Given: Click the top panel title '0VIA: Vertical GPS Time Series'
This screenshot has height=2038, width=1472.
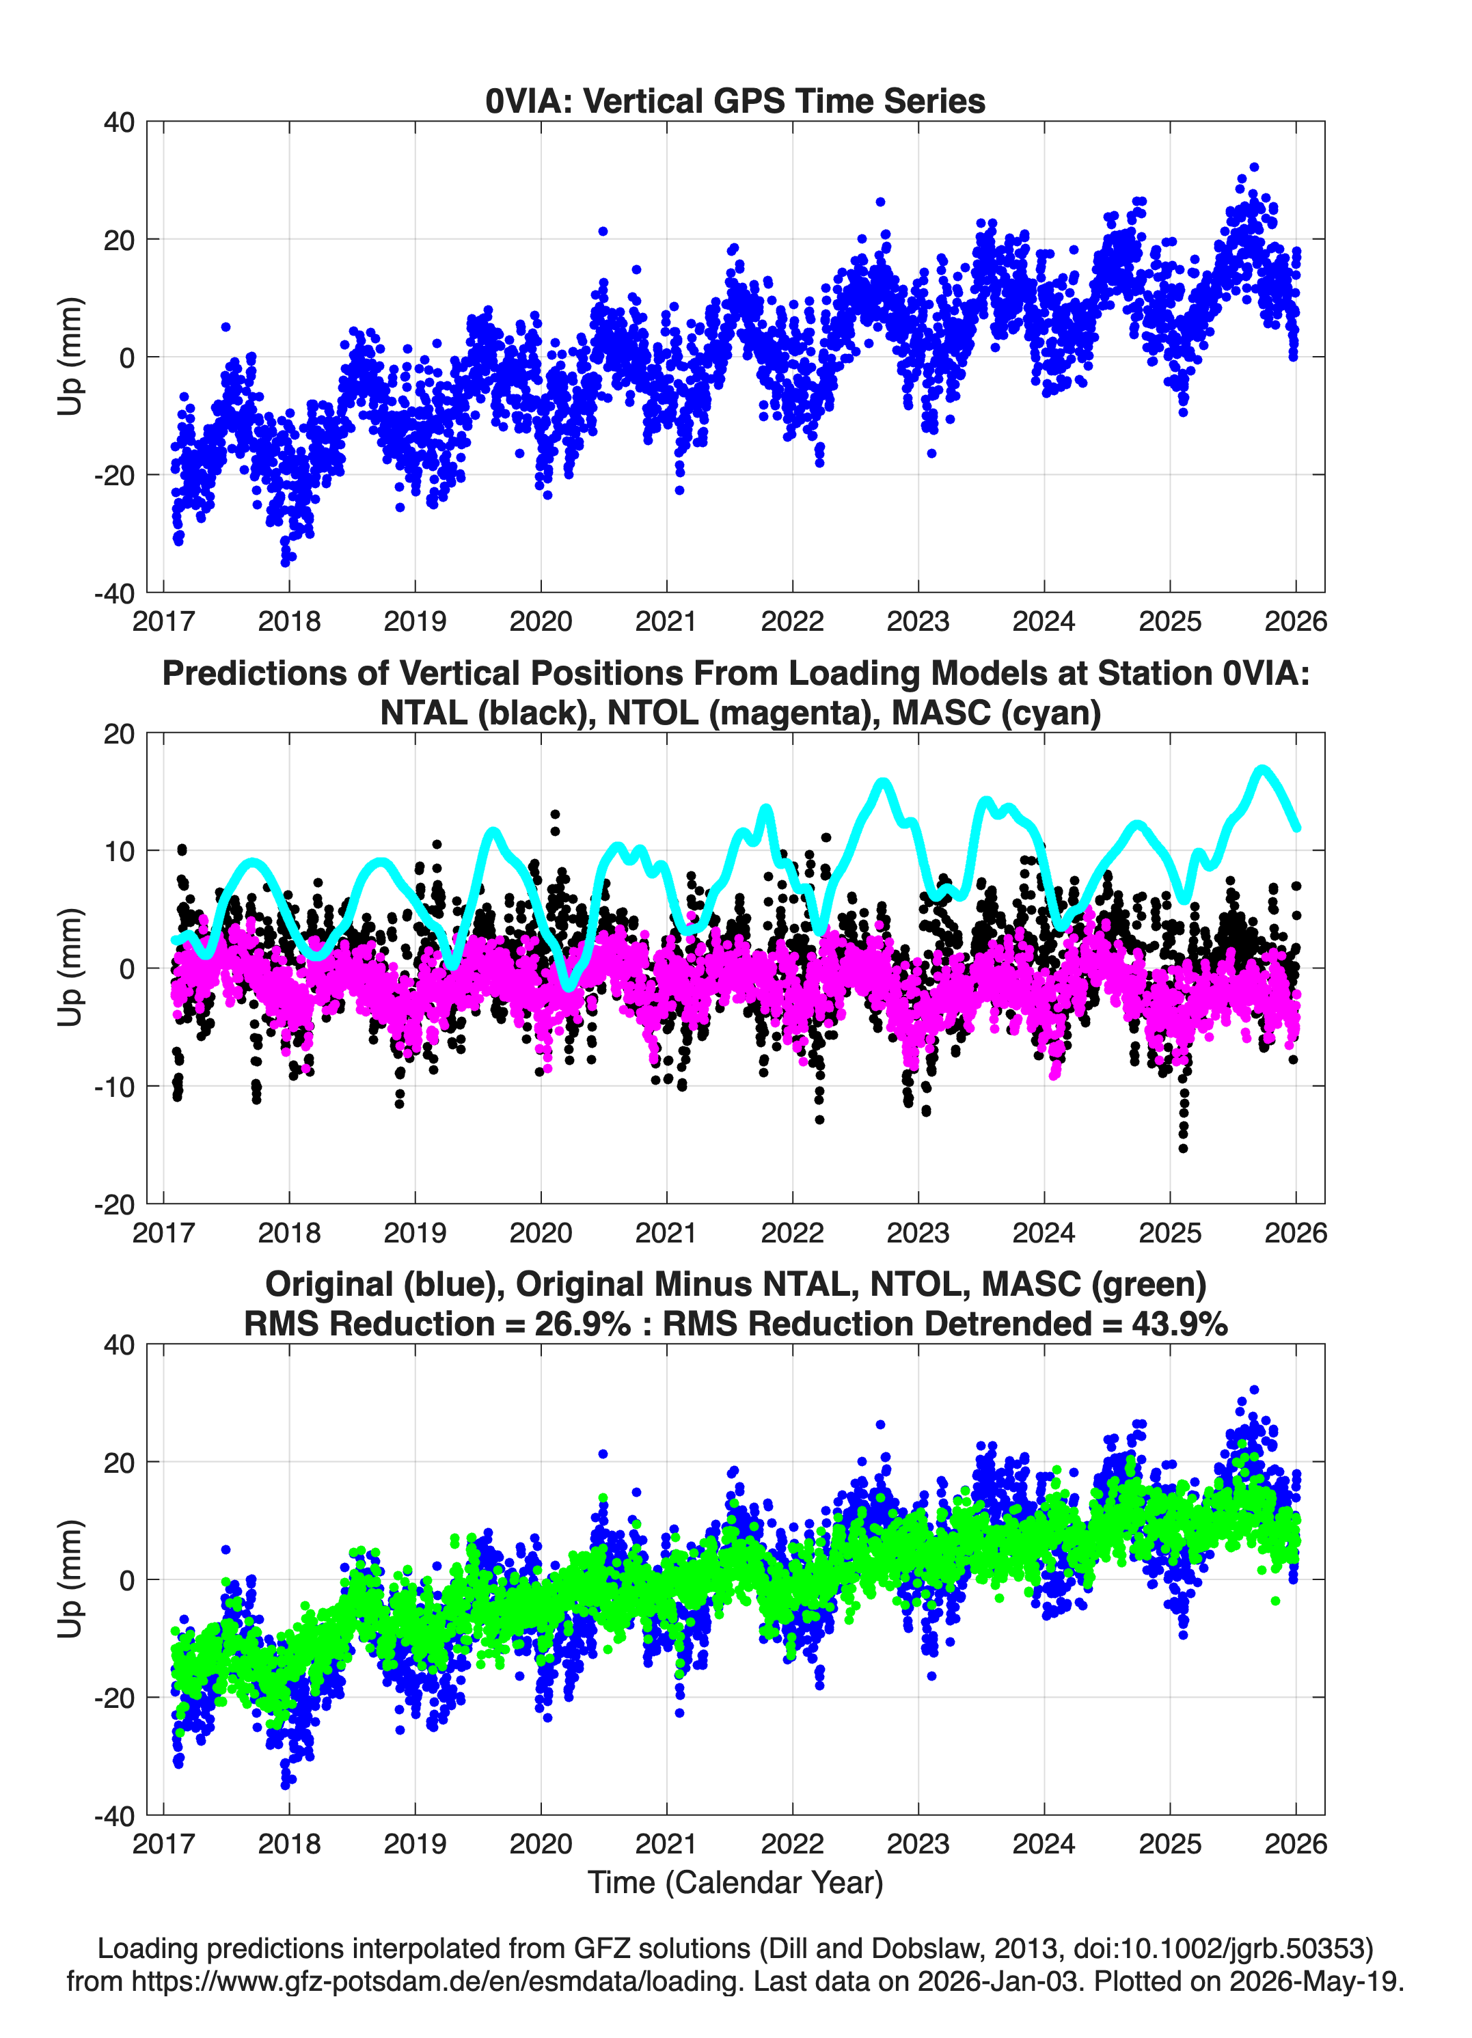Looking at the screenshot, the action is tap(735, 100).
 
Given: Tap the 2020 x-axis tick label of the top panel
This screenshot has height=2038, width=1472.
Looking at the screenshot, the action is tap(540, 621).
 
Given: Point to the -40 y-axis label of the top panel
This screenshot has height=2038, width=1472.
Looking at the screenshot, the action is tap(114, 593).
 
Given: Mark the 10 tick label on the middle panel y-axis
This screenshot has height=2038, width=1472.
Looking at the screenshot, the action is tap(120, 850).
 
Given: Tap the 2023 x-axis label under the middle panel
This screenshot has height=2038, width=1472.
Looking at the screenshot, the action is tap(918, 1232).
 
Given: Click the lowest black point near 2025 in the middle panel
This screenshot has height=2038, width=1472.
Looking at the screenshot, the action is tap(1183, 1148).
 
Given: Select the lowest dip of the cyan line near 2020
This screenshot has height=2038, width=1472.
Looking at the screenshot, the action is tap(569, 986).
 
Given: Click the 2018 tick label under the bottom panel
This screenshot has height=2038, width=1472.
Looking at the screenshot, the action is tap(288, 1843).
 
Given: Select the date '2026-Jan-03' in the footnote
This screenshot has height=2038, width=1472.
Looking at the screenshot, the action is tap(998, 1981).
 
